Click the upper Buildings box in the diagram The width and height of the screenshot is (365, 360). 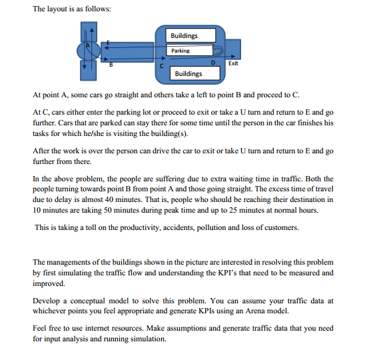point(183,35)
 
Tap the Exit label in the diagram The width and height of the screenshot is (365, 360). point(233,63)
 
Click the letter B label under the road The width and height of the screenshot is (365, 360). point(111,65)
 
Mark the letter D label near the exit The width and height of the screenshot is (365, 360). point(212,63)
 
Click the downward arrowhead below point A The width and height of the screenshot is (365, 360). point(85,67)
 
